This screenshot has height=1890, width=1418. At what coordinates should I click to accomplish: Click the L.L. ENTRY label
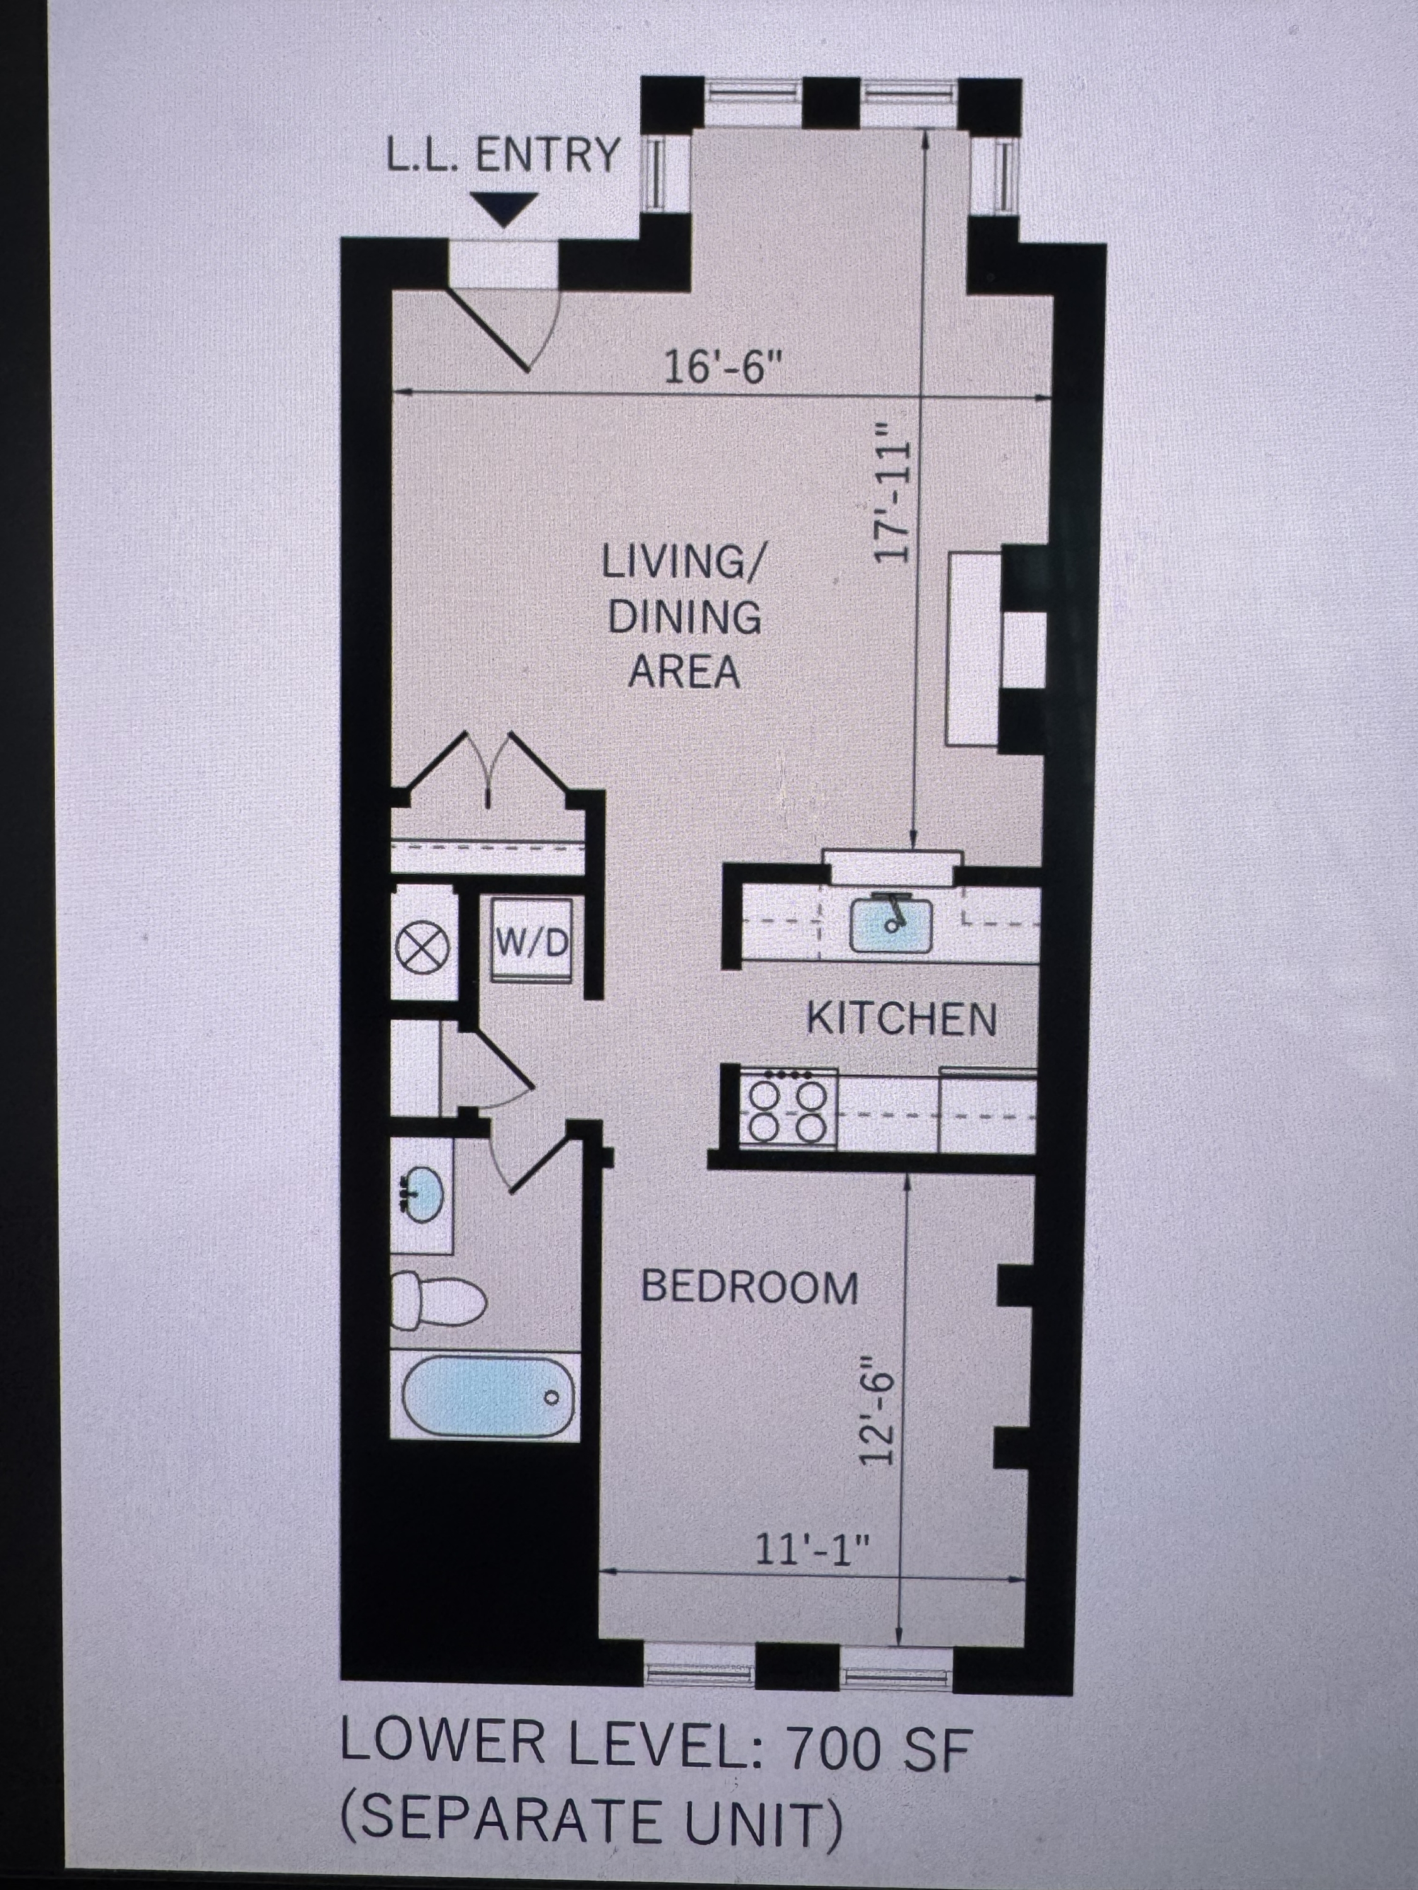502,156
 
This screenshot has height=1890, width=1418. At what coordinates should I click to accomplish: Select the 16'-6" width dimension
723,370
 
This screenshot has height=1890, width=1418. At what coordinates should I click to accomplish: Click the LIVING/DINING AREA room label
684,617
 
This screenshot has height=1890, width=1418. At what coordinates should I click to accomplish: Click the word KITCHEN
902,1020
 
